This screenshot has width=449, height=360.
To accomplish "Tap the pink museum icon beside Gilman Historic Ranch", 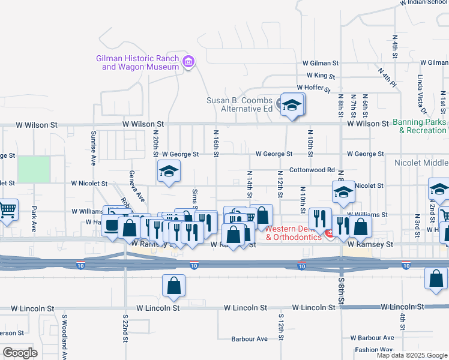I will [x=188, y=61].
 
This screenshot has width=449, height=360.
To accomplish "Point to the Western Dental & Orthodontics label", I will [x=294, y=233].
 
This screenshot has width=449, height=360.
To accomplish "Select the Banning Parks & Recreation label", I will [x=420, y=126].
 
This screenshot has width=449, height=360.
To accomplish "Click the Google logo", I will [x=20, y=352].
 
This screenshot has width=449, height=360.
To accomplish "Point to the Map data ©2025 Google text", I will [x=411, y=355].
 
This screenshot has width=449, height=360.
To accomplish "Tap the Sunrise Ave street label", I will [x=94, y=148].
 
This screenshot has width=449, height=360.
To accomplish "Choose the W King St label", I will [x=321, y=76].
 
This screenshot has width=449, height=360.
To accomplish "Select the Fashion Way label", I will [x=373, y=350].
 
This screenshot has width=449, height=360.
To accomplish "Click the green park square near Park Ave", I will [x=34, y=169].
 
